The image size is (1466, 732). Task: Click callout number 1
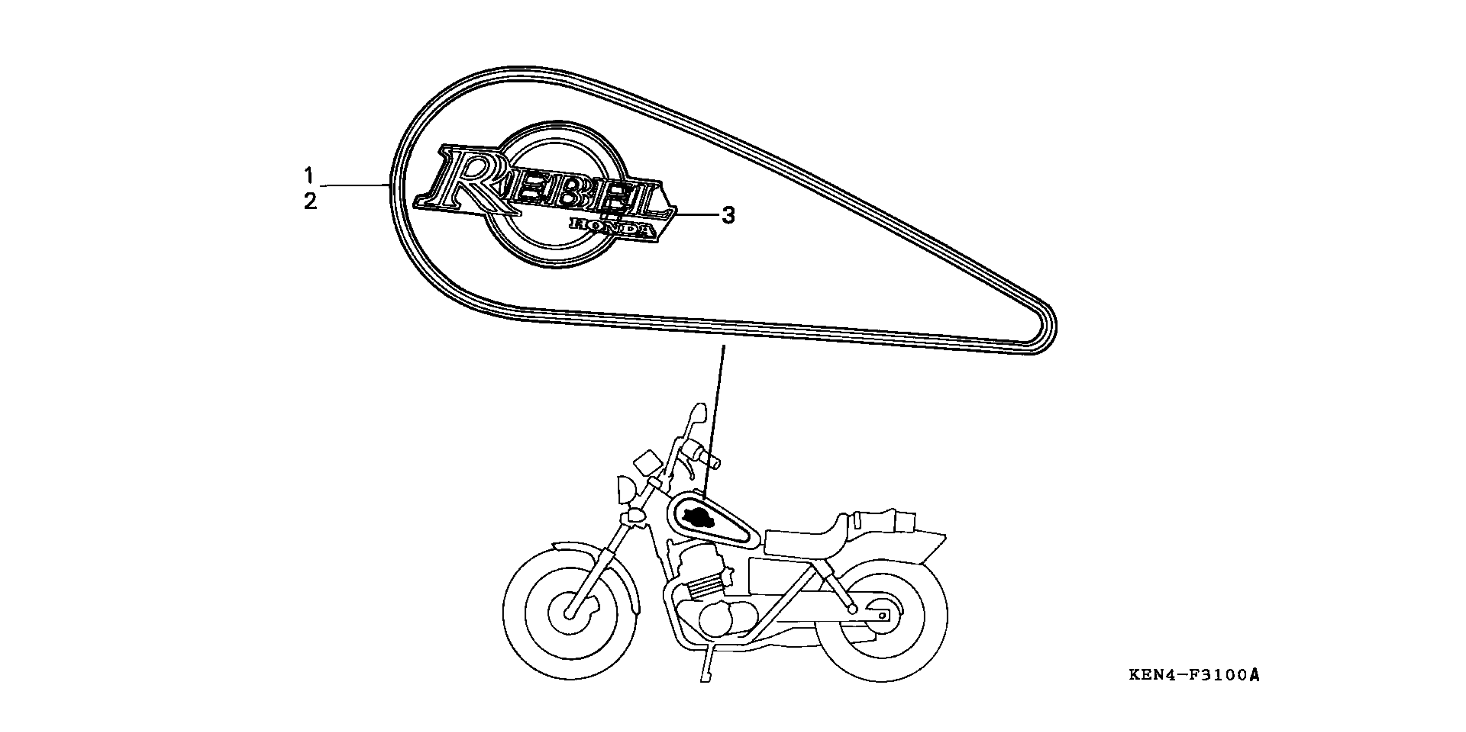[309, 175]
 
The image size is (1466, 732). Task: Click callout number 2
[310, 202]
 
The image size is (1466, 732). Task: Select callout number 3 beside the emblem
[728, 216]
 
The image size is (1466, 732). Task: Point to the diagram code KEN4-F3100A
[1194, 675]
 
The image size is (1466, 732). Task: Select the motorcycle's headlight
[626, 489]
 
